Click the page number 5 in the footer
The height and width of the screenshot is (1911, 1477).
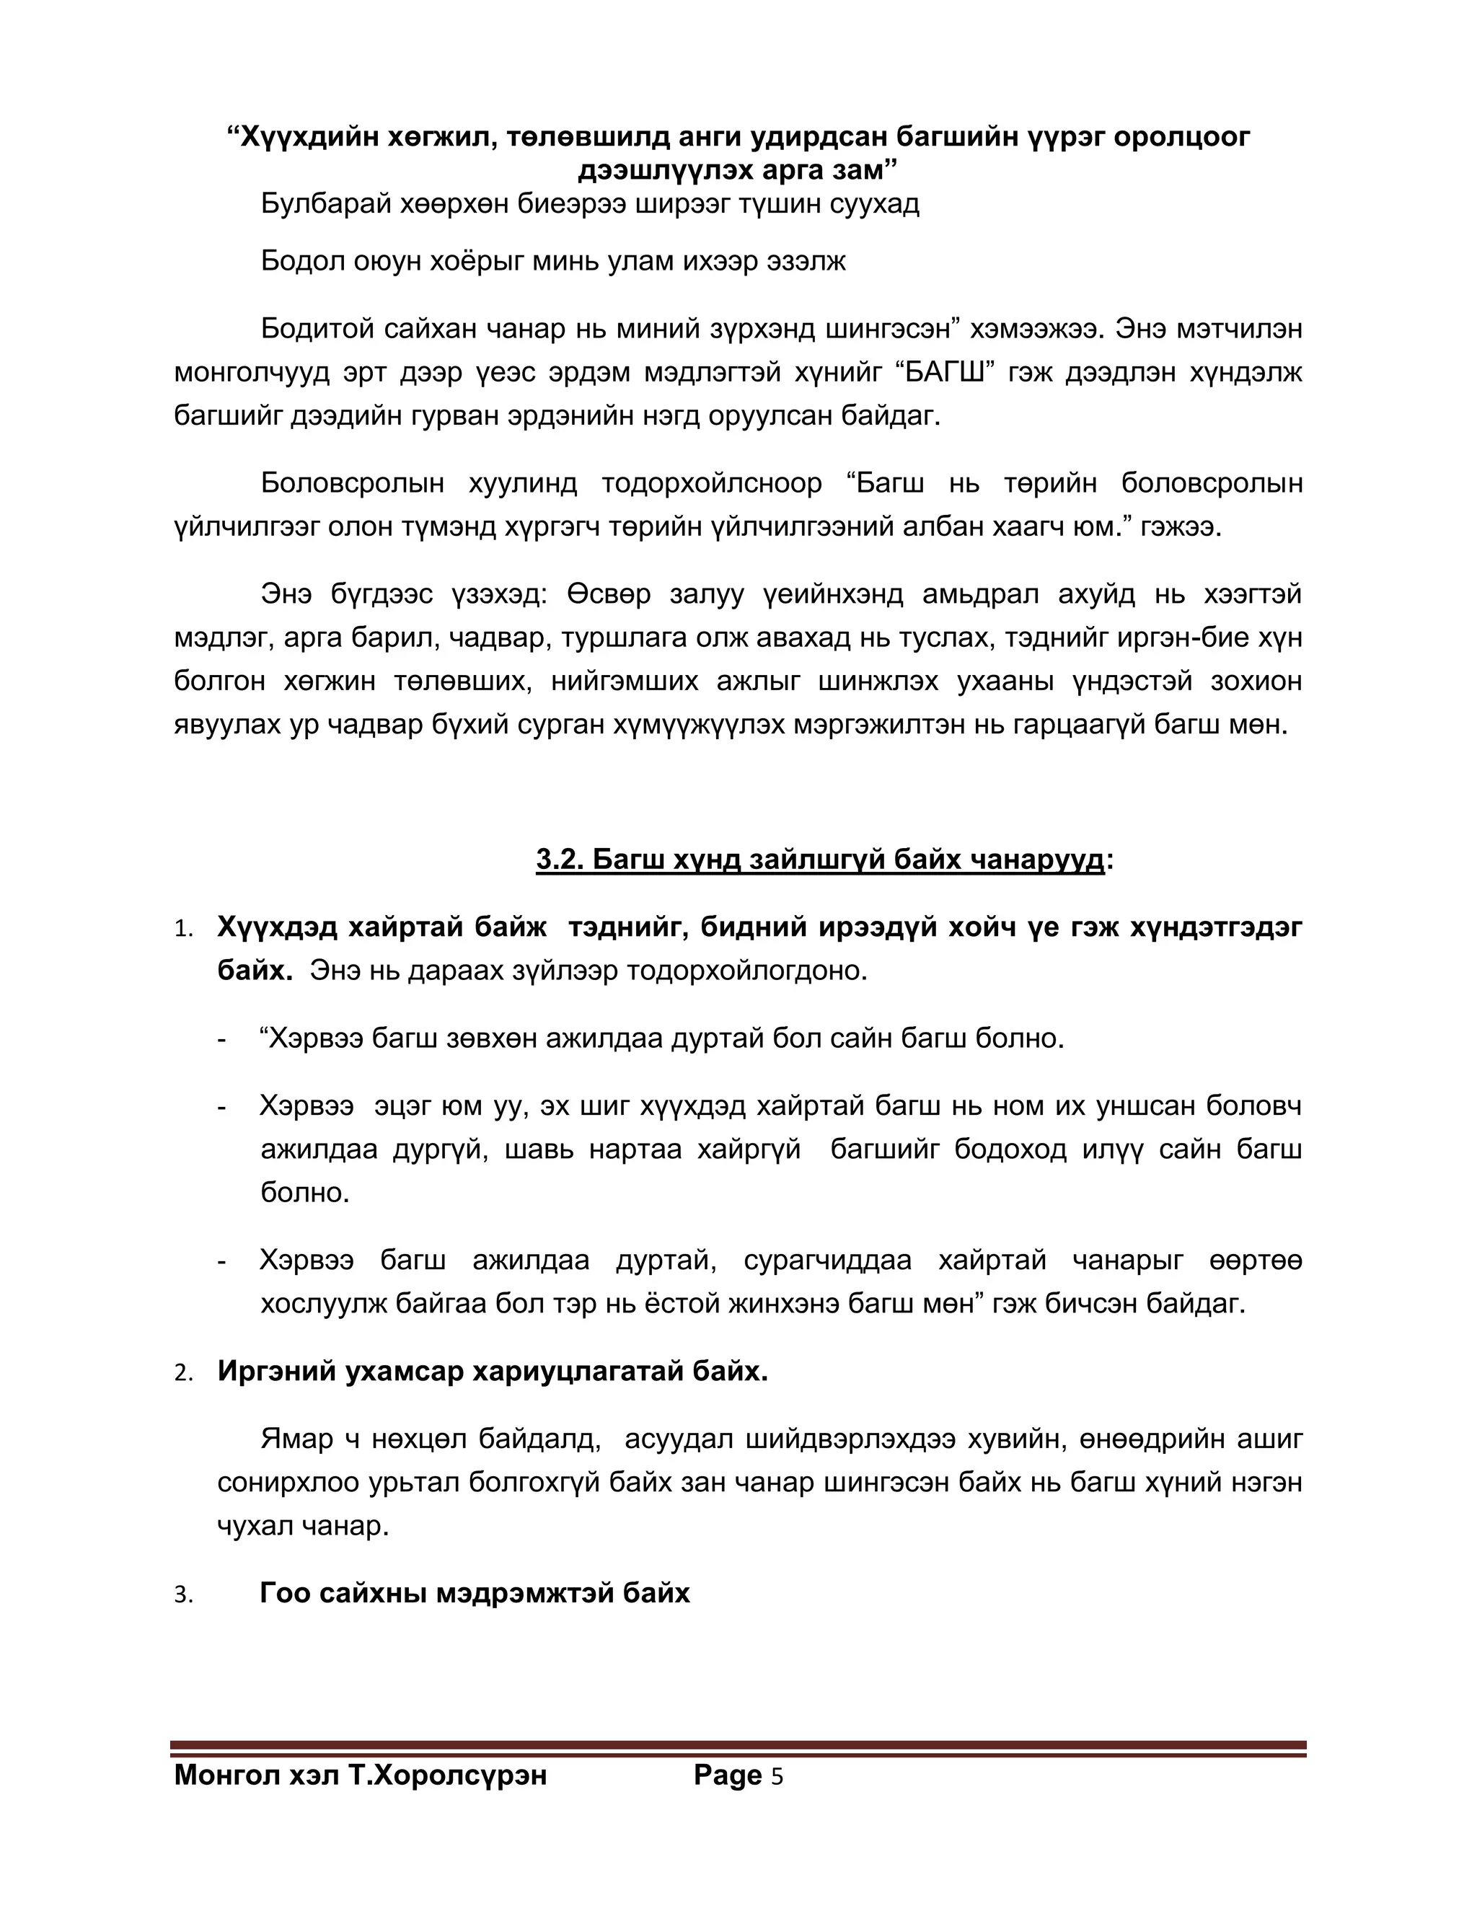(x=776, y=1777)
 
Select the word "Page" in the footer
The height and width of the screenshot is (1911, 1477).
(x=727, y=1775)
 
